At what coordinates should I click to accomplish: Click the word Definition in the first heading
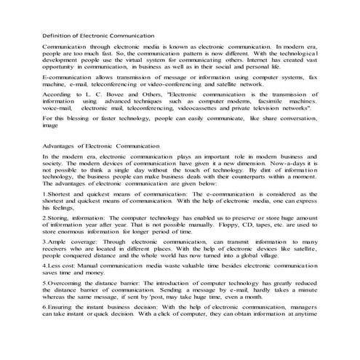coord(59,34)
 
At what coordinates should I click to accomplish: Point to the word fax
coord(313,78)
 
